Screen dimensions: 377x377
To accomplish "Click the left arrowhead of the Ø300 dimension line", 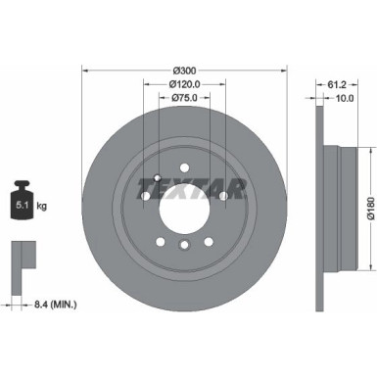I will point(85,70).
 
